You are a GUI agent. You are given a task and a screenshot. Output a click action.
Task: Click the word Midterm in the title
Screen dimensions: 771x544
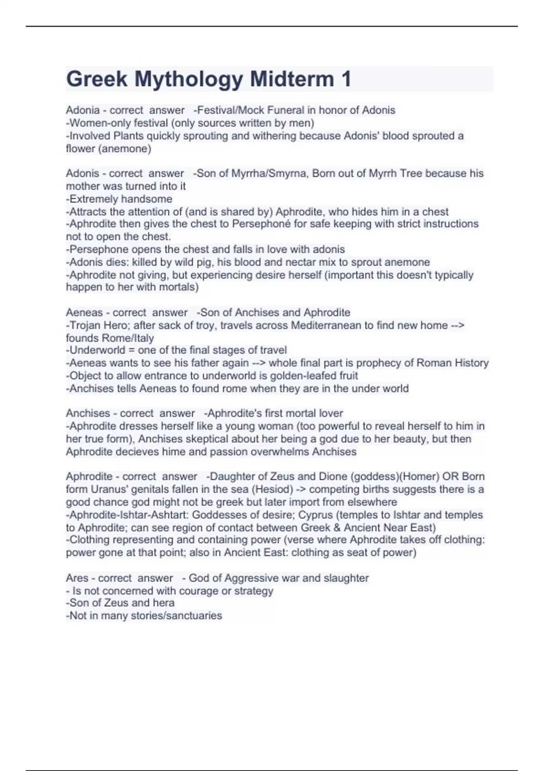292,79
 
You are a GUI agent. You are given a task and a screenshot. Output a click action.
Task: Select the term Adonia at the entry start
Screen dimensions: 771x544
83,110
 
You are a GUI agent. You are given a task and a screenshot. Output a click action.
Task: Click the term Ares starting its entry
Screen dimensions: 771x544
77,578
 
